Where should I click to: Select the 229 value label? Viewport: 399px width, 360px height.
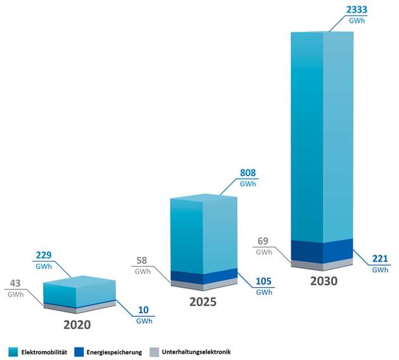coord(44,255)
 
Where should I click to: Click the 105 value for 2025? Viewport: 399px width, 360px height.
coord(264,281)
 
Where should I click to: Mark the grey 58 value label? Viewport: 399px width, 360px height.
coord(142,260)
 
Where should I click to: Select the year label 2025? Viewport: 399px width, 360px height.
coord(203,302)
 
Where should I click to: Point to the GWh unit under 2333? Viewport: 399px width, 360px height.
coord(358,21)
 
